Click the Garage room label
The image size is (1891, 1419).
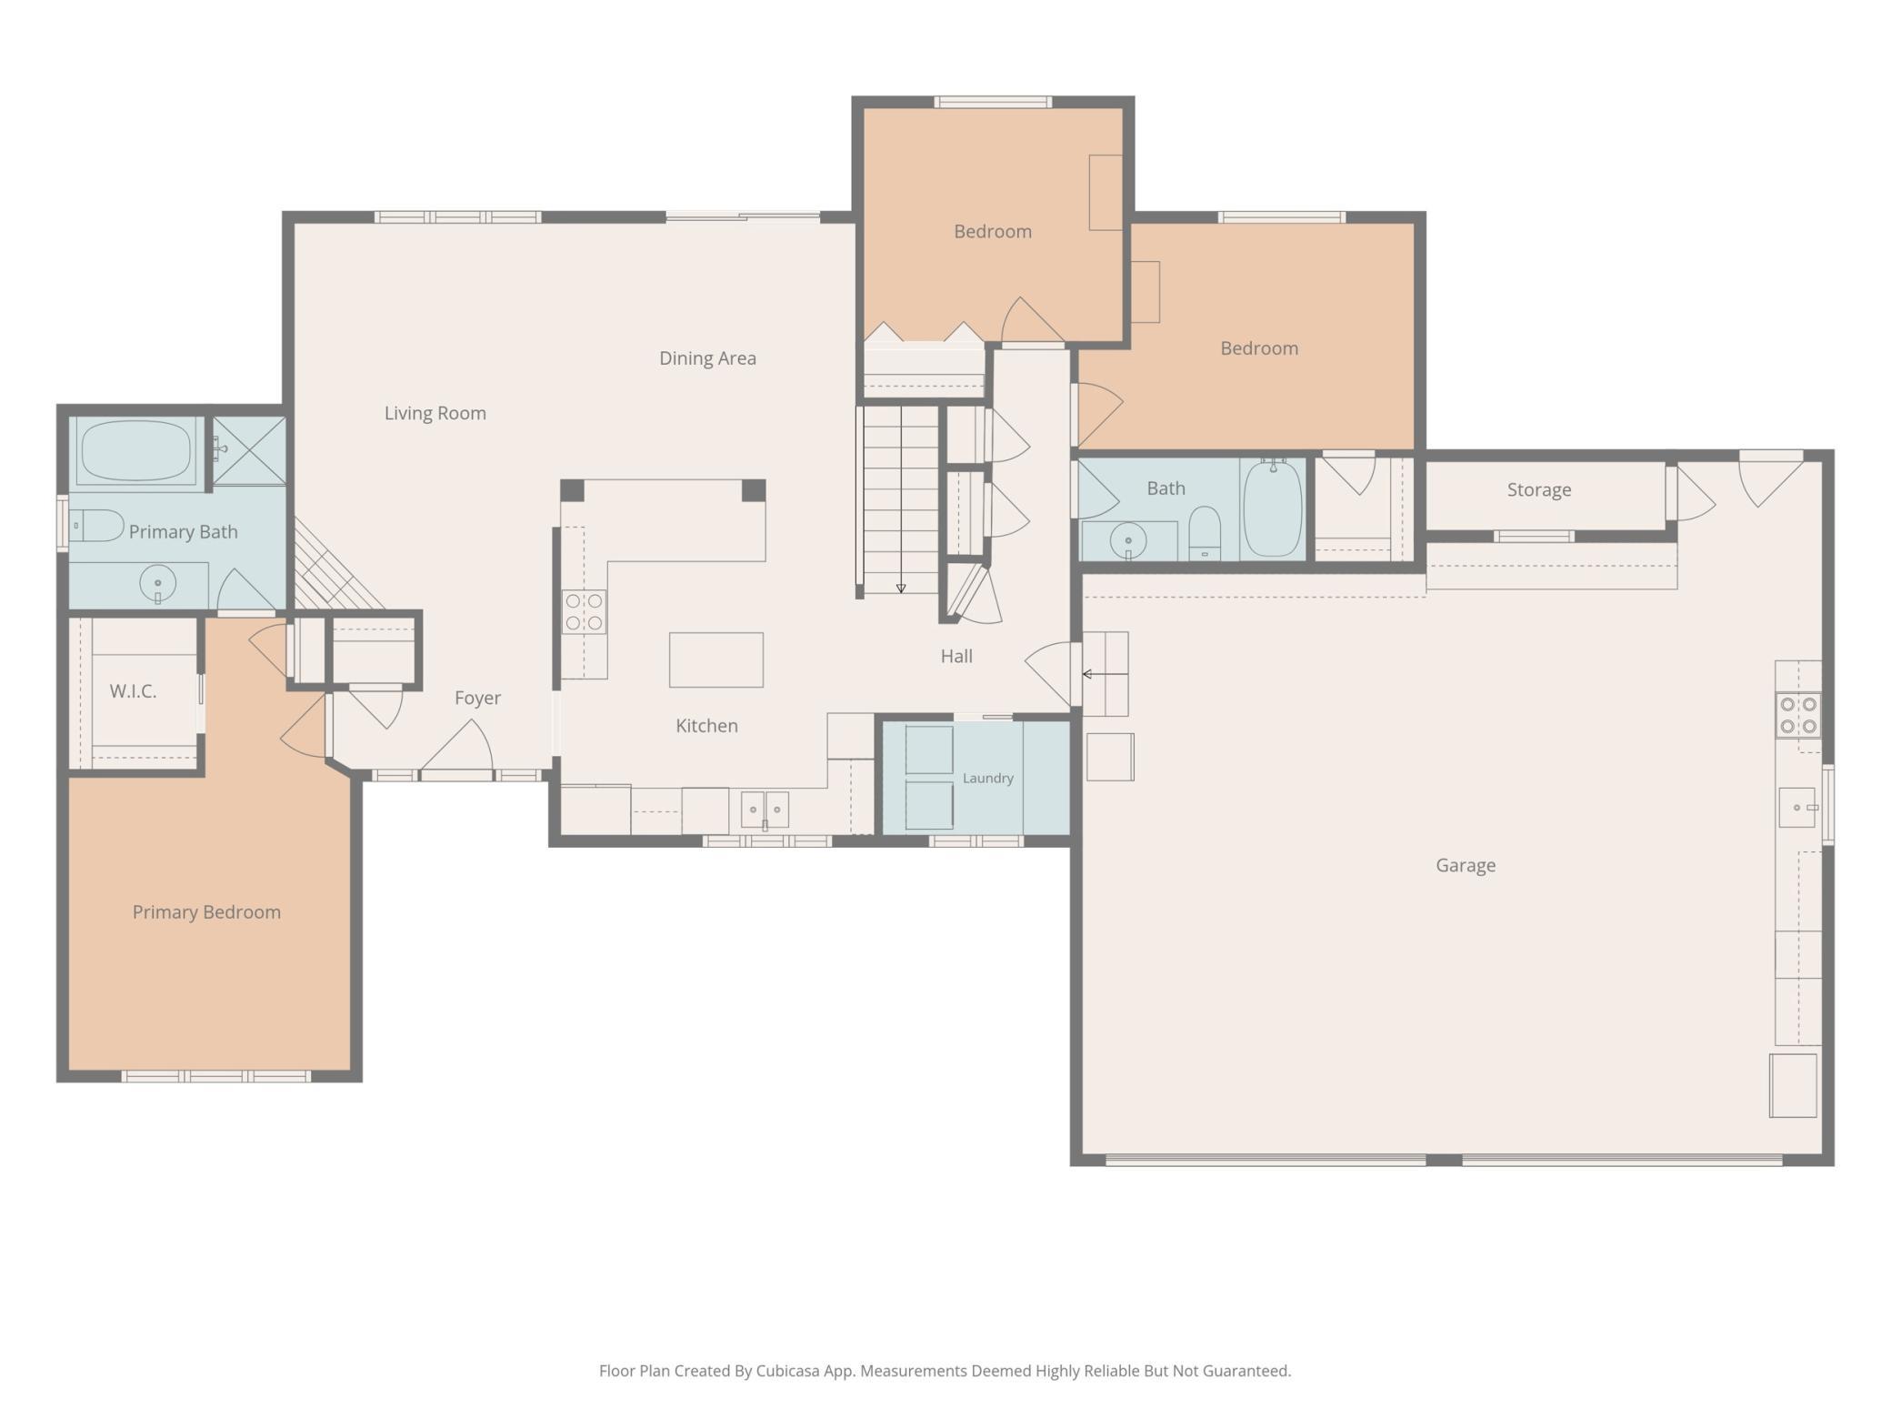click(x=1466, y=865)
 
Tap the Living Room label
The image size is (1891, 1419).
click(x=435, y=413)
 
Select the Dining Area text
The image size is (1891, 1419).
click(x=707, y=358)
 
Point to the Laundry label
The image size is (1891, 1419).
click(x=988, y=779)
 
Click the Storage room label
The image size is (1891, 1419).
click(x=1539, y=490)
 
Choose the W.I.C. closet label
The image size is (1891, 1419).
click(x=133, y=691)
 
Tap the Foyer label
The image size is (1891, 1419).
click(x=478, y=698)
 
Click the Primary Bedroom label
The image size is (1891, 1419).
click(x=206, y=912)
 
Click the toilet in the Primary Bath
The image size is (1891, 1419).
click(x=96, y=526)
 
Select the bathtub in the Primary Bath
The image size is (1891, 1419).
click(x=136, y=450)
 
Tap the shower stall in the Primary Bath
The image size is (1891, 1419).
click(x=249, y=450)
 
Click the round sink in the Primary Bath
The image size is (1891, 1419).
click(x=157, y=583)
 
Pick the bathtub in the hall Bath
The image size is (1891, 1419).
click(x=1273, y=508)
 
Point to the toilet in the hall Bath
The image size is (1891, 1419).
click(x=1205, y=533)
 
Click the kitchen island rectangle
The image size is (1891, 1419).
click(x=716, y=659)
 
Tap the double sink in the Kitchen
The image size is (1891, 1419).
click(x=765, y=810)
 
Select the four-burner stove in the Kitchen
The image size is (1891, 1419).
click(x=584, y=612)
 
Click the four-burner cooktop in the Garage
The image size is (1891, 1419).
click(x=1798, y=715)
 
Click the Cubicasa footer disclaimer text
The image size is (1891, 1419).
click(x=945, y=1371)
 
